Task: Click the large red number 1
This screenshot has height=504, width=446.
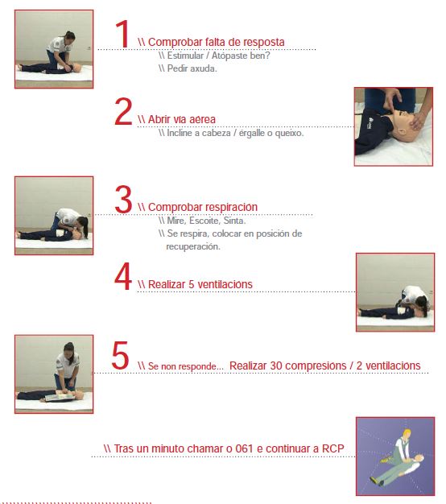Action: click(122, 35)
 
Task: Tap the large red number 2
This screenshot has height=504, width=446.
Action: click(122, 112)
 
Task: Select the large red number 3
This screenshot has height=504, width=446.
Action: click(122, 200)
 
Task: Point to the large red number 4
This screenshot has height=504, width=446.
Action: click(122, 276)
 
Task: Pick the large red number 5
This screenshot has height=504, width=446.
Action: click(120, 357)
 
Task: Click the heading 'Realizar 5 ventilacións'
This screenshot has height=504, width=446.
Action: click(200, 284)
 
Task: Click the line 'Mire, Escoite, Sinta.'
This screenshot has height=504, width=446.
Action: click(206, 220)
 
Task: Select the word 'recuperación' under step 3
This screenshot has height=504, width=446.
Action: click(193, 246)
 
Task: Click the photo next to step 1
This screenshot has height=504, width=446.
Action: click(53, 49)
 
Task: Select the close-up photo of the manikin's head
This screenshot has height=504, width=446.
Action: click(394, 126)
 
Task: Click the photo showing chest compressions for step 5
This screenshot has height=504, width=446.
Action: click(53, 374)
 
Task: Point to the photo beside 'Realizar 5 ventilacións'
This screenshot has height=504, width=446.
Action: click(394, 292)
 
